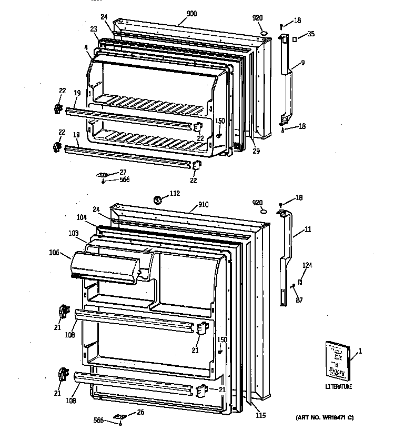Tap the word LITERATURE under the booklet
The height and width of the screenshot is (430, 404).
click(x=338, y=387)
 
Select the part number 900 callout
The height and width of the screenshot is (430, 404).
click(x=191, y=13)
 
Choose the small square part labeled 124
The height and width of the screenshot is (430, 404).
click(x=300, y=282)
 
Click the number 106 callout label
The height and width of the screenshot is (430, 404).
click(x=55, y=252)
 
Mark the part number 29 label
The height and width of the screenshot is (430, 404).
click(x=256, y=151)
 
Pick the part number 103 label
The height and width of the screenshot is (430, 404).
click(x=73, y=233)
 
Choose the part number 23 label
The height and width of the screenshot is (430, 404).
click(x=94, y=29)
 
